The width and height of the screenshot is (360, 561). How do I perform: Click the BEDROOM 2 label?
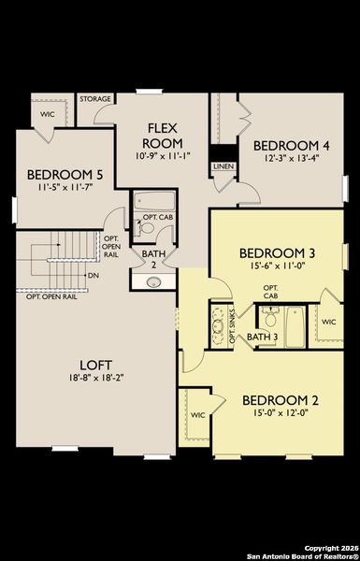280,400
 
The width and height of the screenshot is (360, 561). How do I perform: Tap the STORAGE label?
95,98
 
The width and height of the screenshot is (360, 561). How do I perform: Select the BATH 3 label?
268,336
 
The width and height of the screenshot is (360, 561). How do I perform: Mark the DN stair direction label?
93,276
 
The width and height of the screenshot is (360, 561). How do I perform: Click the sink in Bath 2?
154,281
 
